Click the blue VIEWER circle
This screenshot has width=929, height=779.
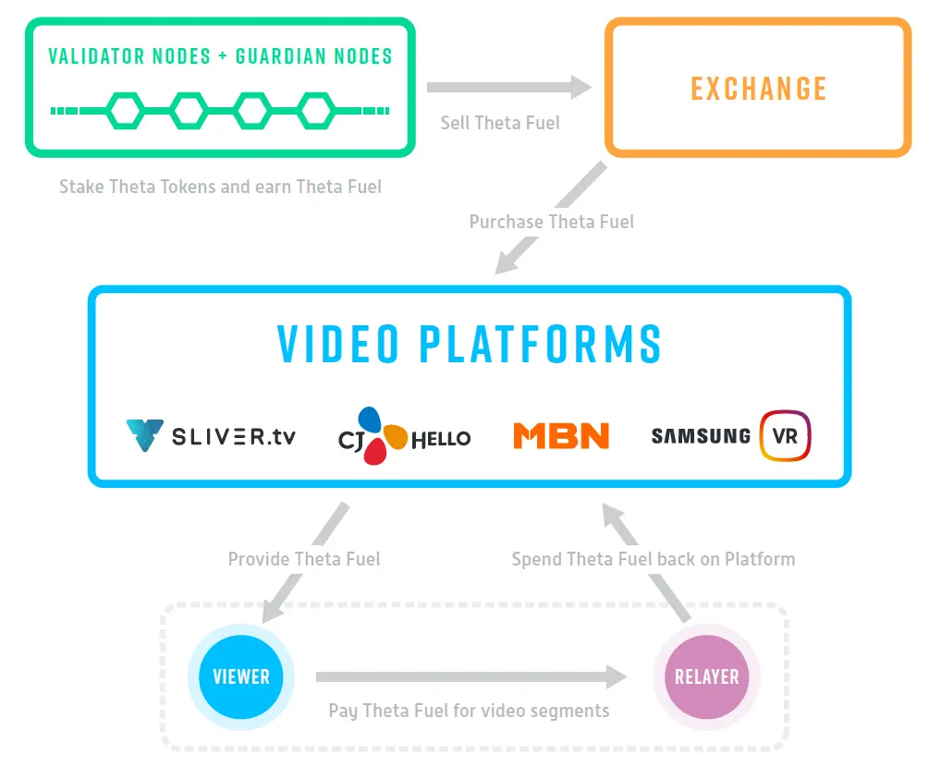pos(241,676)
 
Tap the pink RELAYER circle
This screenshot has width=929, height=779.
pos(707,676)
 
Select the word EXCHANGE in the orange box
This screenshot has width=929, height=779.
pos(758,89)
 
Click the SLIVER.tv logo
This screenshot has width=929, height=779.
pos(211,436)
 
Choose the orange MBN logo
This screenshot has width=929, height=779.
pos(561,436)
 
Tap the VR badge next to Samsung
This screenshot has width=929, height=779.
pos(785,436)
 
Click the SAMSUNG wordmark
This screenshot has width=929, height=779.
pos(701,436)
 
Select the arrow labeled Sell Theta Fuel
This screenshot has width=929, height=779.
pos(509,87)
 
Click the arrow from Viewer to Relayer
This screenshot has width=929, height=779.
pos(471,676)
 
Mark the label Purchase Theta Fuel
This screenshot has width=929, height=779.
pos(552,222)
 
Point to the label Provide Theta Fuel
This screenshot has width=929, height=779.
pos(304,559)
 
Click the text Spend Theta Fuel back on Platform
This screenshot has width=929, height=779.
pos(654,559)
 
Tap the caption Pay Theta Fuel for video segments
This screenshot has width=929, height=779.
pos(469,711)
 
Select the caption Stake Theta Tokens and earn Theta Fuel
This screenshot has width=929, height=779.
pos(220,187)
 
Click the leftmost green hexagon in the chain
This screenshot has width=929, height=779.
pos(125,111)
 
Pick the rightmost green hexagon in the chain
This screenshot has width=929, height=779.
pos(316,111)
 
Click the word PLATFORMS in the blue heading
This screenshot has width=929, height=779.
pos(541,344)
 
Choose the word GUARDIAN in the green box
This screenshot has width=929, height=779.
pos(281,56)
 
